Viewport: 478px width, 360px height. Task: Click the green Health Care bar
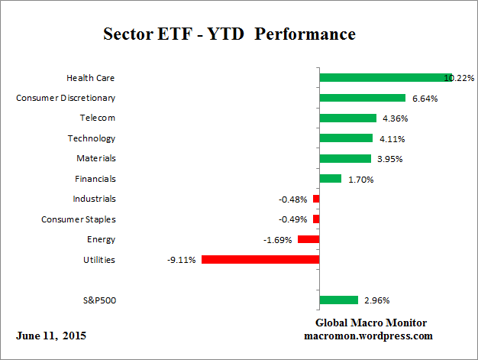(x=386, y=77)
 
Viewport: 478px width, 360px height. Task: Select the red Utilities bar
(x=260, y=260)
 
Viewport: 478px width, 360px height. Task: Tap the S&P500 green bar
(x=338, y=300)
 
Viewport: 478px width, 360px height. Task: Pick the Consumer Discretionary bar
(x=362, y=98)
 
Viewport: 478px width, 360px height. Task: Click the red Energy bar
(x=308, y=239)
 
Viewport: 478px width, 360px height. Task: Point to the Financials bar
(x=330, y=179)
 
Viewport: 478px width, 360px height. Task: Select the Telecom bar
(x=347, y=118)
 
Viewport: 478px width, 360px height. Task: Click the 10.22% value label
(x=460, y=77)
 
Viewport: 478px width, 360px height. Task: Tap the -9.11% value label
(x=182, y=260)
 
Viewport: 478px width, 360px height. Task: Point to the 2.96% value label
(x=375, y=300)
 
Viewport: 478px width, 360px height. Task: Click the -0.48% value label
(x=293, y=199)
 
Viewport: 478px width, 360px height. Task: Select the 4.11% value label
(x=390, y=138)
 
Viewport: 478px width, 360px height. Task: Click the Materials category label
(x=97, y=158)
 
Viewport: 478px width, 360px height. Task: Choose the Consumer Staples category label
(x=78, y=219)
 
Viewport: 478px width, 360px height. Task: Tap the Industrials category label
(x=94, y=199)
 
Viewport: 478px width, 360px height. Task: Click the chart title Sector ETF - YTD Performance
(x=229, y=35)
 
